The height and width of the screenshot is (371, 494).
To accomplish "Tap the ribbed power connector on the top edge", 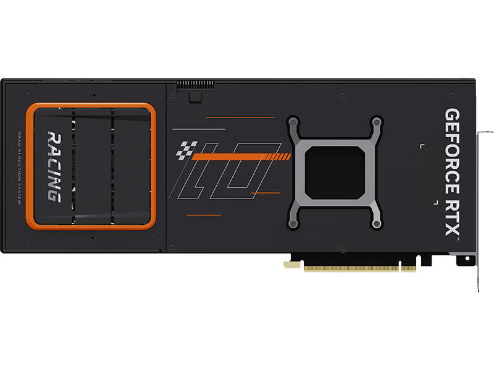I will pyautogui.click(x=195, y=84).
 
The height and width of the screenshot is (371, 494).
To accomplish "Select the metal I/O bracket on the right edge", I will pyautogui.click(x=479, y=204).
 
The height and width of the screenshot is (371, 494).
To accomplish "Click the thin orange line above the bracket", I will pyautogui.click(x=240, y=117).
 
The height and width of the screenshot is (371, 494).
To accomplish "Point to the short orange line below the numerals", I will pyautogui.click(x=203, y=215).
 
